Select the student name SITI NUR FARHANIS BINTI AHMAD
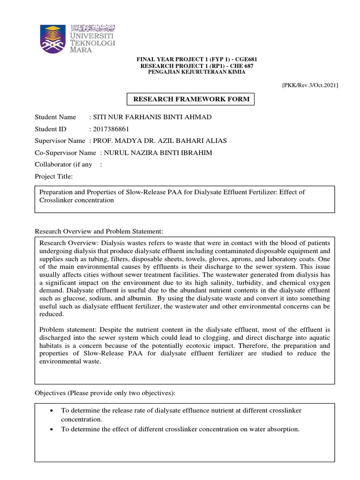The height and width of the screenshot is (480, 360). tap(153, 117)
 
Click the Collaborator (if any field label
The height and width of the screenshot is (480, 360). tap(64, 165)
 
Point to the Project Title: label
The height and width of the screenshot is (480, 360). tap(54, 177)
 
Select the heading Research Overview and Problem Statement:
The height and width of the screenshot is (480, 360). tap(99, 232)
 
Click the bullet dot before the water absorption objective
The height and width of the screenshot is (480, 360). tap(51, 429)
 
